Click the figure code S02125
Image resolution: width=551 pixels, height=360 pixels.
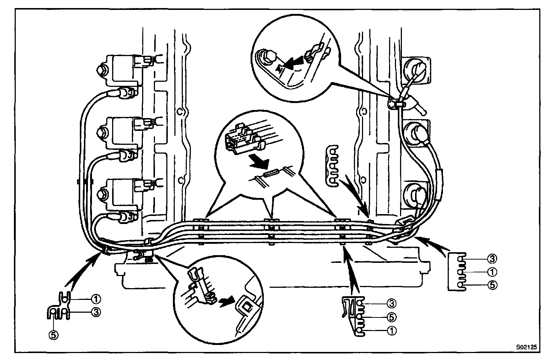[527, 346]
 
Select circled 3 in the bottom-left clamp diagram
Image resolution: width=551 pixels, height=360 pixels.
[96, 312]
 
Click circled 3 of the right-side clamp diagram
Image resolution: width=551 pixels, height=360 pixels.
[492, 259]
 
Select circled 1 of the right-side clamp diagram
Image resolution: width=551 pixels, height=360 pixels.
[492, 272]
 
